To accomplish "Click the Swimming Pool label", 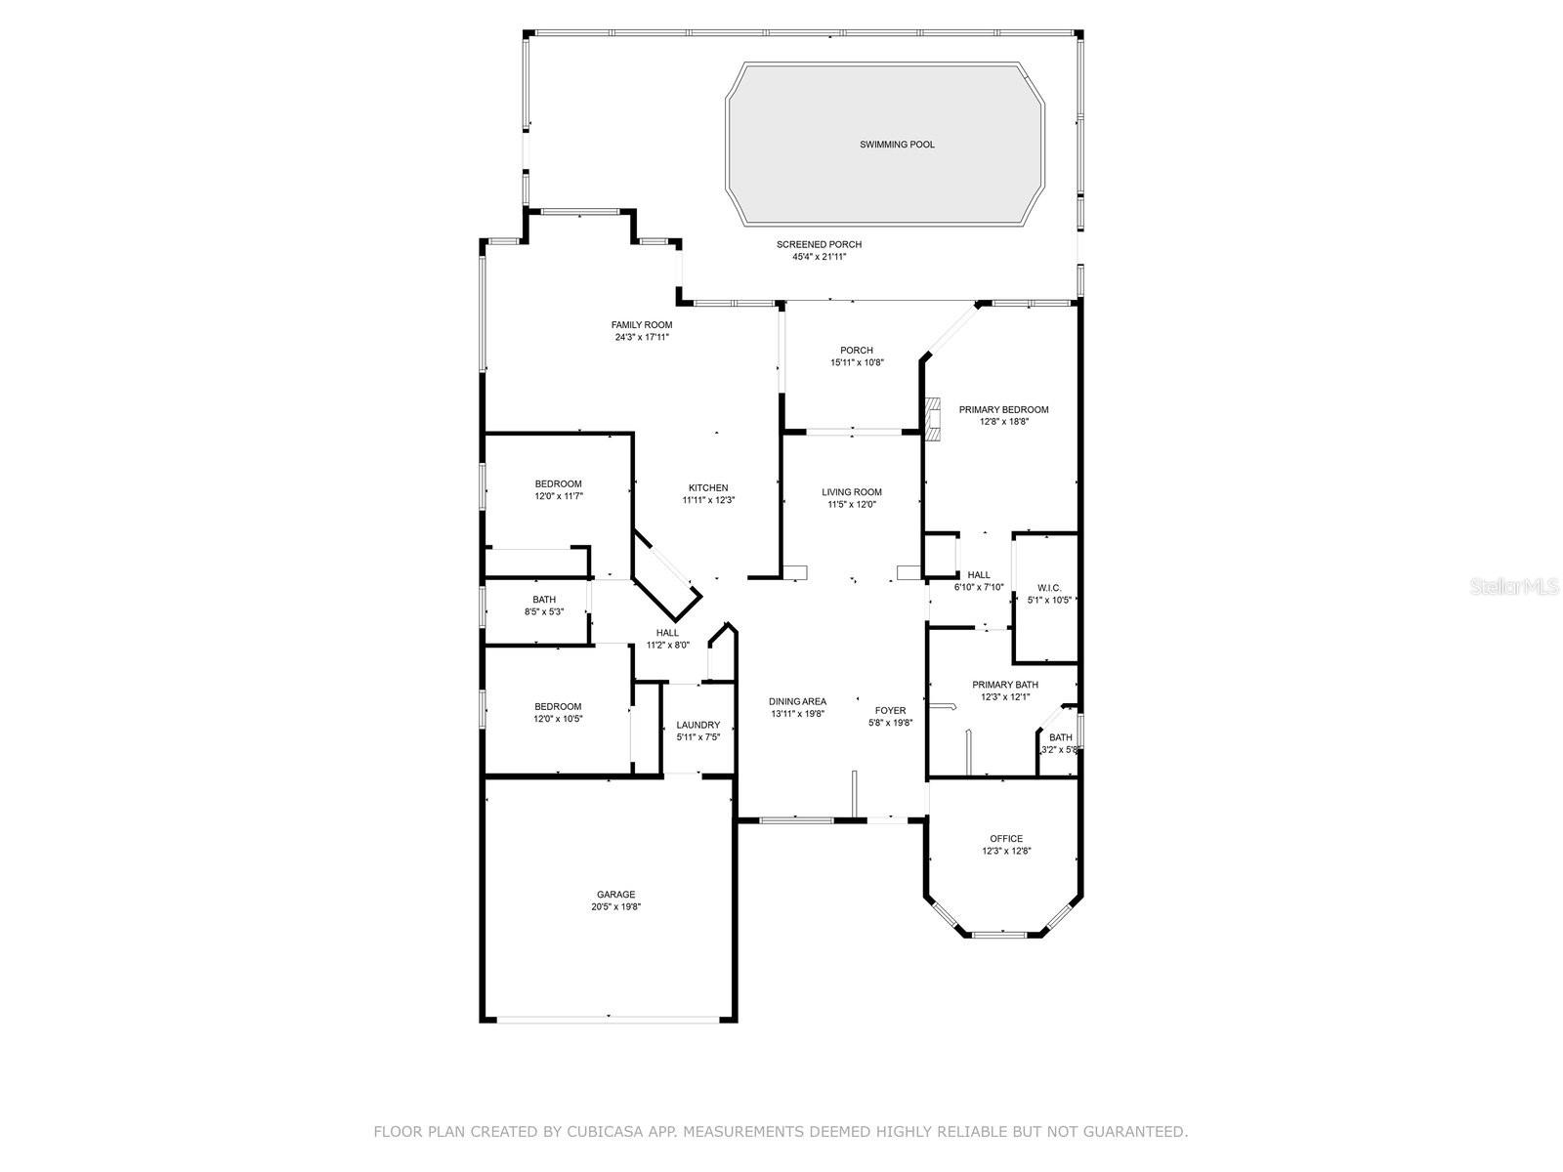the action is pos(897,145).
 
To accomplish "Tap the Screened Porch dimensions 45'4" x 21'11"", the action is pos(819,257).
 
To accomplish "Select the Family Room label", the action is pos(642,325).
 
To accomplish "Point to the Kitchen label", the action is pos(708,488).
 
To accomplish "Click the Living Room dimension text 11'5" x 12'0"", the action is pos(852,505).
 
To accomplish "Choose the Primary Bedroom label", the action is pos(1003,410).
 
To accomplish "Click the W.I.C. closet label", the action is pos(1049,588).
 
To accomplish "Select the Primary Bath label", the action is pos(1005,685).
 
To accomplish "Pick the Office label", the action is pos(1006,839).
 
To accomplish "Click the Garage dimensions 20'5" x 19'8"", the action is pos(616,907).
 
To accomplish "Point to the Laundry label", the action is pos(697,725).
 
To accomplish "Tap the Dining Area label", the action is pos(797,701).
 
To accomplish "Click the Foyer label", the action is pos(890,711).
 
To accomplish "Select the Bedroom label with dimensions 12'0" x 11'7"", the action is pos(558,484).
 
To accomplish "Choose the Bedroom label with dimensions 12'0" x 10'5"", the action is pos(558,706).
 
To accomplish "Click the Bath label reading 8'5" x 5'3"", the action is pos(544,600).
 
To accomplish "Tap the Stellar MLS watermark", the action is pos(1514,586).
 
